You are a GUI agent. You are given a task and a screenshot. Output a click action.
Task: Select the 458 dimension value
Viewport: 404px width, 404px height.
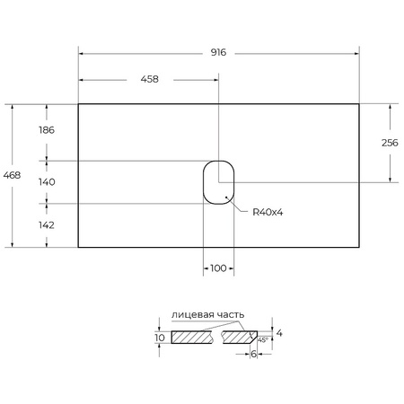[149, 79]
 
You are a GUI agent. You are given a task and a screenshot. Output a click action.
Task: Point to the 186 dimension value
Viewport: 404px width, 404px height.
[47, 130]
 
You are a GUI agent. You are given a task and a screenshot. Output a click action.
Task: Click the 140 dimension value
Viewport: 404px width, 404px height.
[47, 181]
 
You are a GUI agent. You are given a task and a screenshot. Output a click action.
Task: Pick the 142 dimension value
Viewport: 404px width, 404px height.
[47, 225]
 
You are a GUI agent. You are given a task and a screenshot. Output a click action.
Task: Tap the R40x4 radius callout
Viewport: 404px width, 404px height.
[268, 212]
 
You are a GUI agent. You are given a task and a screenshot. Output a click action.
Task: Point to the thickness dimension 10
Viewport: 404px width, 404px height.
[159, 338]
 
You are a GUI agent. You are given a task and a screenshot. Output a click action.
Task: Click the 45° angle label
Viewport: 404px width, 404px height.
[261, 341]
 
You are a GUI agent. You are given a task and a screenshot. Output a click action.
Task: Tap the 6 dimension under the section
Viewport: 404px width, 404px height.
[254, 355]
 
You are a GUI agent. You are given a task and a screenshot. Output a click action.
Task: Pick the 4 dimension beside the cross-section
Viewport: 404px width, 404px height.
[279, 334]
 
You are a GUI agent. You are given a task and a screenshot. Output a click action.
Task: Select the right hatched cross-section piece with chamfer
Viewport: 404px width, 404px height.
[238, 338]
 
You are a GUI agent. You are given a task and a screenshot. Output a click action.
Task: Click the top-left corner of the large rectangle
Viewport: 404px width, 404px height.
[79, 104]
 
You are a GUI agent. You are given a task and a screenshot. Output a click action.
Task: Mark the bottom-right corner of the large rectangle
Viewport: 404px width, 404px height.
[359, 246]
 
